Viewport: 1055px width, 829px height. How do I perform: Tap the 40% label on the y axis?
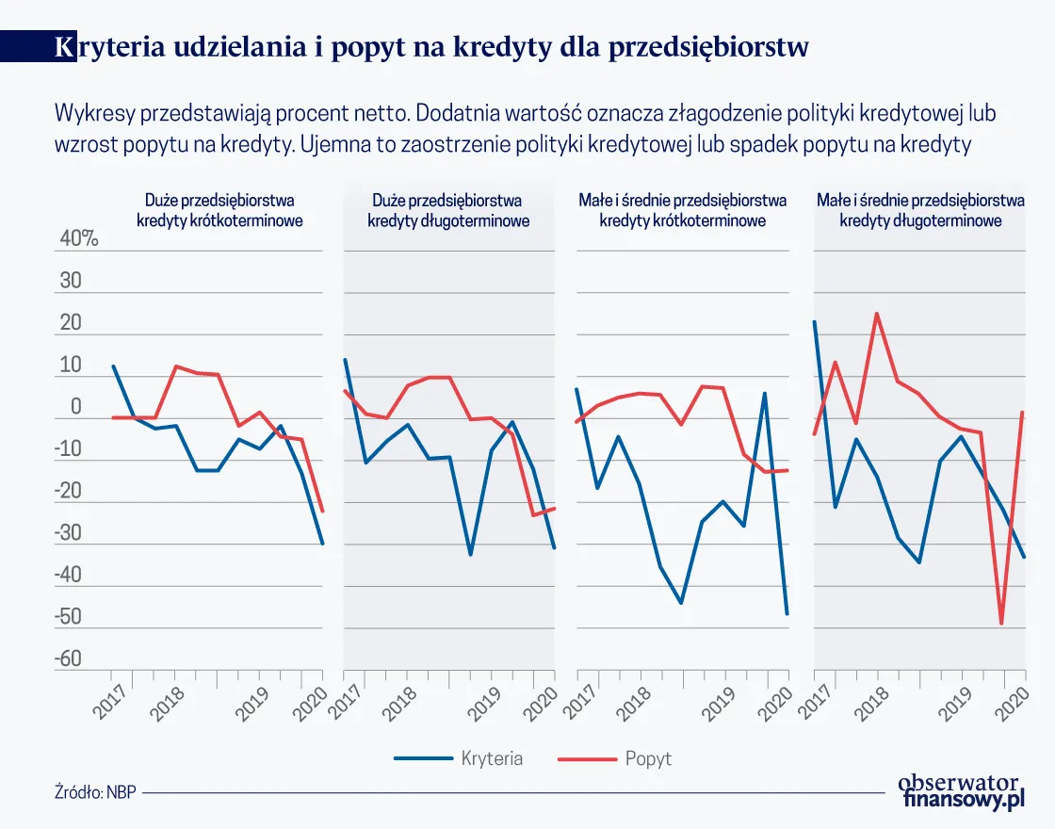click(79, 239)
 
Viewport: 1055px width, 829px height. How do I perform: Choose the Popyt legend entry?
click(648, 758)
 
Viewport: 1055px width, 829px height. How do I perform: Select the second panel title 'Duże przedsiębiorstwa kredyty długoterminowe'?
click(447, 211)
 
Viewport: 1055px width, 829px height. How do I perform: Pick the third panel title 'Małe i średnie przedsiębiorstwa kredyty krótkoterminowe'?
click(681, 211)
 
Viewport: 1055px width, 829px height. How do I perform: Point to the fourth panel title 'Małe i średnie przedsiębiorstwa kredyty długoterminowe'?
click(919, 211)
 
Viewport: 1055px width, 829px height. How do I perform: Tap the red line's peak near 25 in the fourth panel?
click(877, 314)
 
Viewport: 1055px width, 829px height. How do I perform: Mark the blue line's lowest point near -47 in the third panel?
click(787, 614)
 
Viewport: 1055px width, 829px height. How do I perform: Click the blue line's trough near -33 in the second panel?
click(470, 555)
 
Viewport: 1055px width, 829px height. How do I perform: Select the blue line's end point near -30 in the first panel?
click(322, 544)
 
